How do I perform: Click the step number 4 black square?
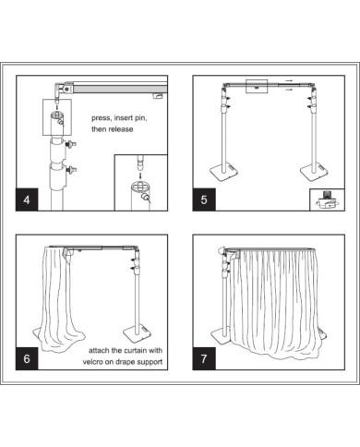27,199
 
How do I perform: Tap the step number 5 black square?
204,199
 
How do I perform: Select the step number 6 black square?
27,358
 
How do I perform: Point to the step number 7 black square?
204,358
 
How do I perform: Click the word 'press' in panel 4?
102,118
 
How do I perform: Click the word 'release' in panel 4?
121,129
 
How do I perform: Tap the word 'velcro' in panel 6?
92,362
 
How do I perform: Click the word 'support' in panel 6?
150,362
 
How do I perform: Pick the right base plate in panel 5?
314,171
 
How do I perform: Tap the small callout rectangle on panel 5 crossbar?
257,86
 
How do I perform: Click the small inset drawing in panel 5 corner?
327,199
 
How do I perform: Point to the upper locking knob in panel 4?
71,143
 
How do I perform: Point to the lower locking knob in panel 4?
72,169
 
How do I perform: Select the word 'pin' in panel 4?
140,118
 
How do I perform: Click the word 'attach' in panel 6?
99,350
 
